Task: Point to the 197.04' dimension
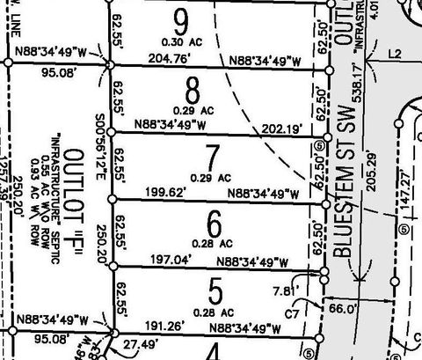tap(173, 259)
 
